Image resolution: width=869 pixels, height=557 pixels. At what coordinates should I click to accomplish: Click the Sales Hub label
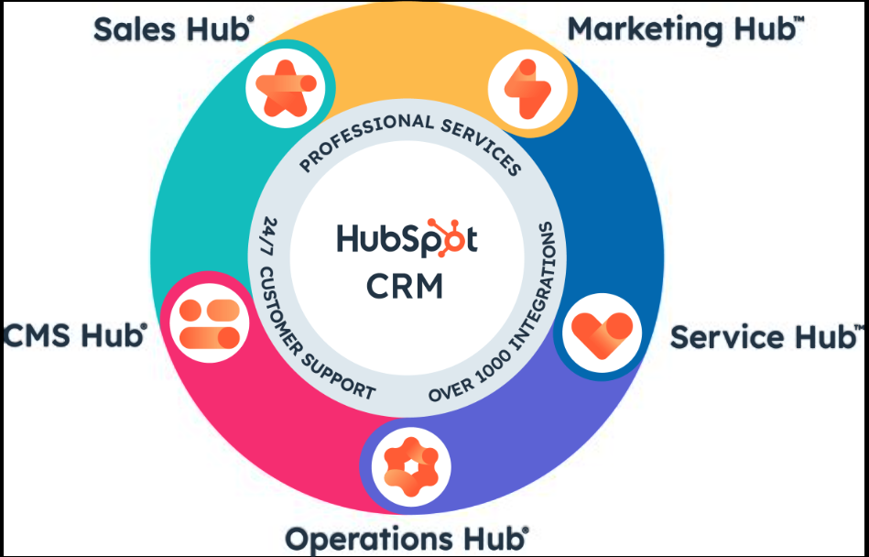tap(174, 29)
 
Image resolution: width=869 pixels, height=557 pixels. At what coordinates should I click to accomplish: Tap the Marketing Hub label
tap(686, 28)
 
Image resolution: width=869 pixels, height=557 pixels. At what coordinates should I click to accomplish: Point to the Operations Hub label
tap(407, 538)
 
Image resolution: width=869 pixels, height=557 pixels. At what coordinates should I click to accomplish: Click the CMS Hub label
tap(75, 334)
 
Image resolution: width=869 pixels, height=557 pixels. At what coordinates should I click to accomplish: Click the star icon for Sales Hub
tap(286, 89)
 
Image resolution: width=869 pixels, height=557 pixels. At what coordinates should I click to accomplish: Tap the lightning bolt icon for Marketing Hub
tap(527, 89)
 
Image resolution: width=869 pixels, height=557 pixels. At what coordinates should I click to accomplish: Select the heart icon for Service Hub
tap(602, 333)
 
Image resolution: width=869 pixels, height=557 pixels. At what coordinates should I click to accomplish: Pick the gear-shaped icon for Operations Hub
tap(410, 466)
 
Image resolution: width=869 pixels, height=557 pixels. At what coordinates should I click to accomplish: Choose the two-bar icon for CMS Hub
tap(210, 323)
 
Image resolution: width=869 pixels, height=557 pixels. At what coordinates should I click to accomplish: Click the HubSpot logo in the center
tap(407, 239)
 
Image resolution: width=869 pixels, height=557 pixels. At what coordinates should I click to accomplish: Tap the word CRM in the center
tap(405, 286)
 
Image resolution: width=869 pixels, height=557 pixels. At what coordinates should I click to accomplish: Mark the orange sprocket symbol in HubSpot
tap(446, 237)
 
